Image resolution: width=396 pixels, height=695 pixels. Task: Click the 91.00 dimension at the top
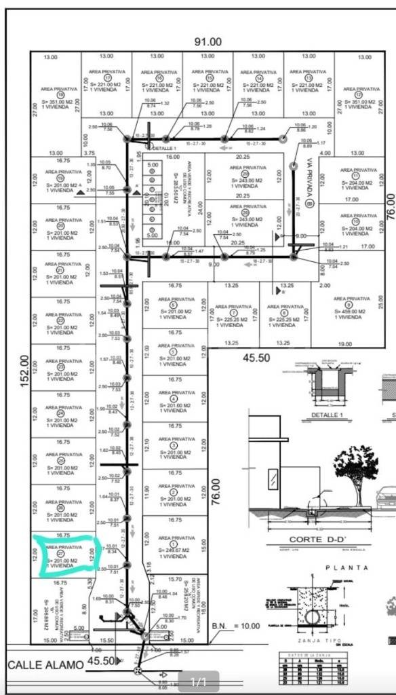click(x=207, y=42)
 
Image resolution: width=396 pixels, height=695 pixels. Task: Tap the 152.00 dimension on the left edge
click(x=25, y=371)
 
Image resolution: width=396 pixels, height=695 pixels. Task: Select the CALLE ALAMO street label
click(x=45, y=664)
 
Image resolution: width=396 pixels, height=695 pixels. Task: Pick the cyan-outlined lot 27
click(x=68, y=555)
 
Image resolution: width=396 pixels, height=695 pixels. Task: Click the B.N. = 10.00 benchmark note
click(x=237, y=626)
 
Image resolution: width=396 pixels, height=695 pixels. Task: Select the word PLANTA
click(x=346, y=567)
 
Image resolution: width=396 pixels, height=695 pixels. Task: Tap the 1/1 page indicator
click(x=198, y=682)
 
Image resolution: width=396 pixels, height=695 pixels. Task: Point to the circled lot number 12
click(x=358, y=94)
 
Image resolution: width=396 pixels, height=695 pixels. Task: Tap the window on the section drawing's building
click(x=273, y=479)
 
